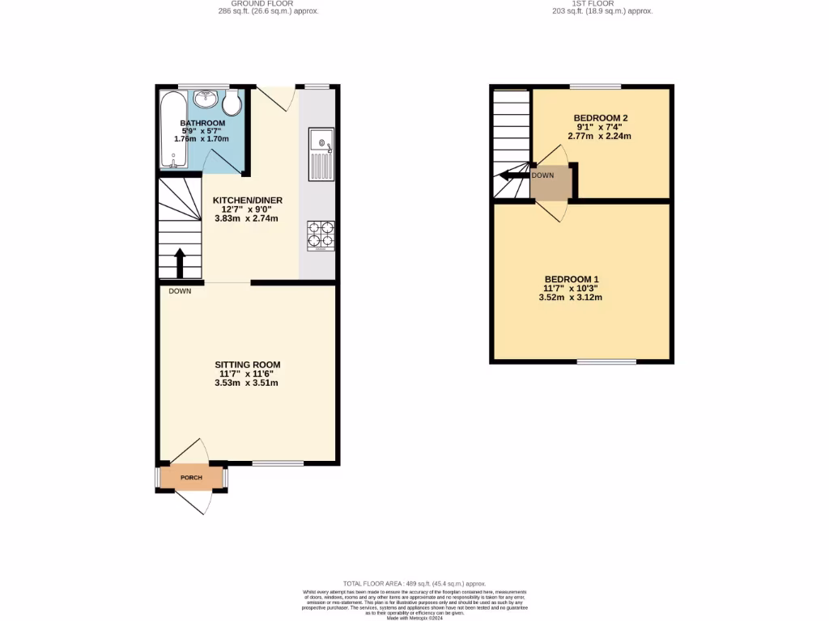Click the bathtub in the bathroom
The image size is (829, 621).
[173, 129]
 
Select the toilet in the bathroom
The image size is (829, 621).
[232, 103]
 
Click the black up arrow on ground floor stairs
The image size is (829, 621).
[180, 263]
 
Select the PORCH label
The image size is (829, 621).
[191, 478]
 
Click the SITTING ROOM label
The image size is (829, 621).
[247, 365]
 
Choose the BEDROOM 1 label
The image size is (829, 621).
[572, 279]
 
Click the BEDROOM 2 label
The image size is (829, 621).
[602, 118]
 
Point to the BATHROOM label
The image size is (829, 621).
[202, 123]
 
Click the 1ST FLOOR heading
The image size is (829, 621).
[602, 3]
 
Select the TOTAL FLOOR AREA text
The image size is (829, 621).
[414, 583]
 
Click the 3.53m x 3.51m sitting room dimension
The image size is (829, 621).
[247, 382]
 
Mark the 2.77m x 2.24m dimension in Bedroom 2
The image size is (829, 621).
[602, 136]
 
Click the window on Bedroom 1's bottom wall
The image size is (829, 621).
[606, 361]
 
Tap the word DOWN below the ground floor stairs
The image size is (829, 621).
[180, 291]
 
